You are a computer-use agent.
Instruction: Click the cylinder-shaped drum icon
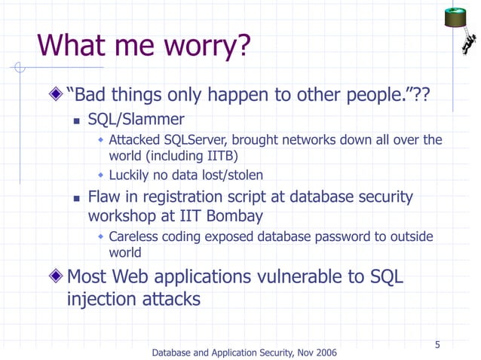tap(457, 16)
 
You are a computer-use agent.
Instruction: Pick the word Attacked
tap(137, 140)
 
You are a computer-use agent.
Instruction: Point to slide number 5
tap(437, 346)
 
